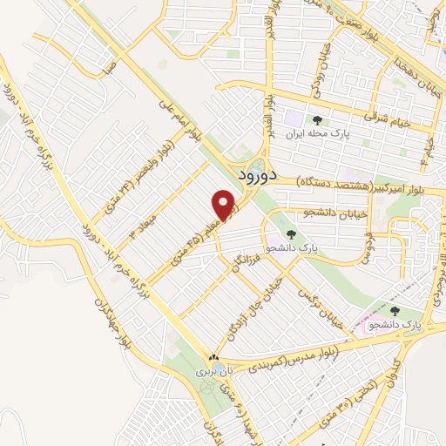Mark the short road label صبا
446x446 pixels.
106,67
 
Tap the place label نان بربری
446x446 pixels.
203,371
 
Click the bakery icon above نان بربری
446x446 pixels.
213,358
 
